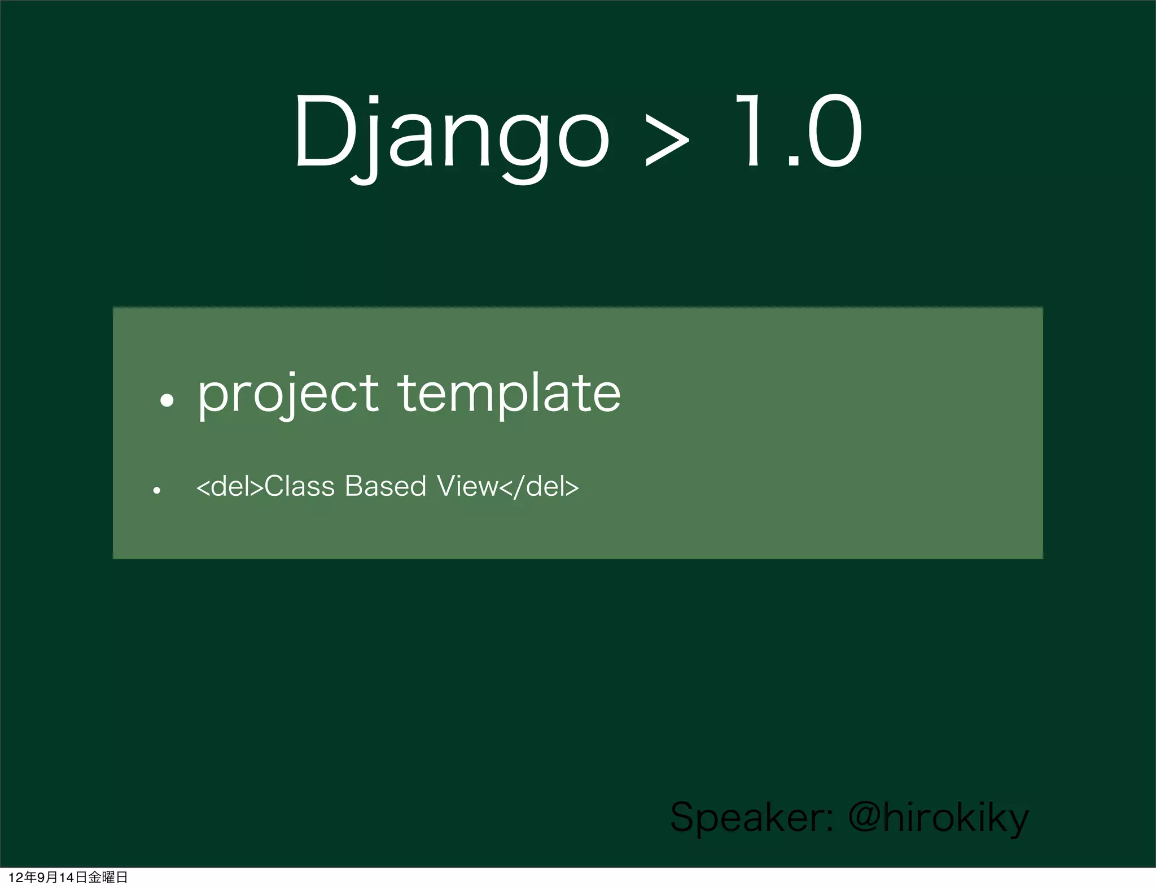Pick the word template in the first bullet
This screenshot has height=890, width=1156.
509,394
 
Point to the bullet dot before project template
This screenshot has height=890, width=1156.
167,400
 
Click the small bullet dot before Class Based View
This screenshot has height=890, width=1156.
157,490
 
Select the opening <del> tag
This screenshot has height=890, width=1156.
230,487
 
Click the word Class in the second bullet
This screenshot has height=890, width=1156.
299,487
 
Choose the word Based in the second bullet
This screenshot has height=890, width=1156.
385,487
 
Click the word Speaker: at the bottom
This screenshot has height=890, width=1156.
751,818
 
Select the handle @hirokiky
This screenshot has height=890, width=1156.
938,818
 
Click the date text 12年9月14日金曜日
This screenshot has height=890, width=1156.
68,877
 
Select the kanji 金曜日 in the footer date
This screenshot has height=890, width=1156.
108,877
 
